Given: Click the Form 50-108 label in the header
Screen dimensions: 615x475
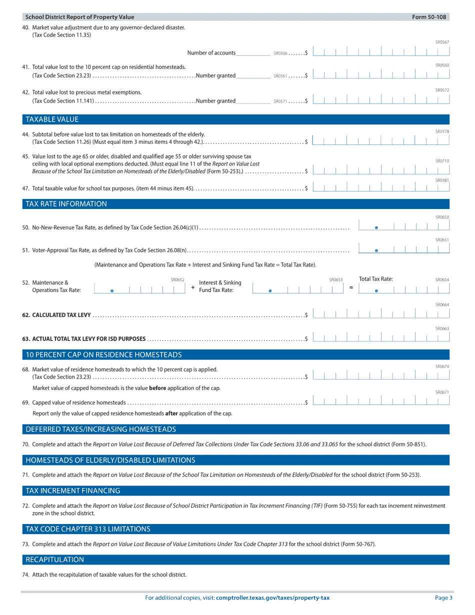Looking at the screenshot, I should tap(428, 17).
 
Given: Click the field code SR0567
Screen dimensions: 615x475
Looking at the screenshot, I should tap(442, 42).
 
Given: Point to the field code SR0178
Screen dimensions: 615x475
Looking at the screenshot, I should tap(442, 131).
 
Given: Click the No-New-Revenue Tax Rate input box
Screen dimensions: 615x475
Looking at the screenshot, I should tap(404, 226).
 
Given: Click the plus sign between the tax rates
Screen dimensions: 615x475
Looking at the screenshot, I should tap(193, 287).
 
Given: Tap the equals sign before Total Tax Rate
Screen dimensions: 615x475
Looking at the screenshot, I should tap(351, 287).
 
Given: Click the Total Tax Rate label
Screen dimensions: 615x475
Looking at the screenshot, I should tap(375, 279).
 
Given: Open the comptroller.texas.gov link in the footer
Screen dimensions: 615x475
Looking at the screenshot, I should tap(272, 598).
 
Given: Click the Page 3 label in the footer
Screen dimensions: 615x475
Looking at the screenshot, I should tap(443, 598).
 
